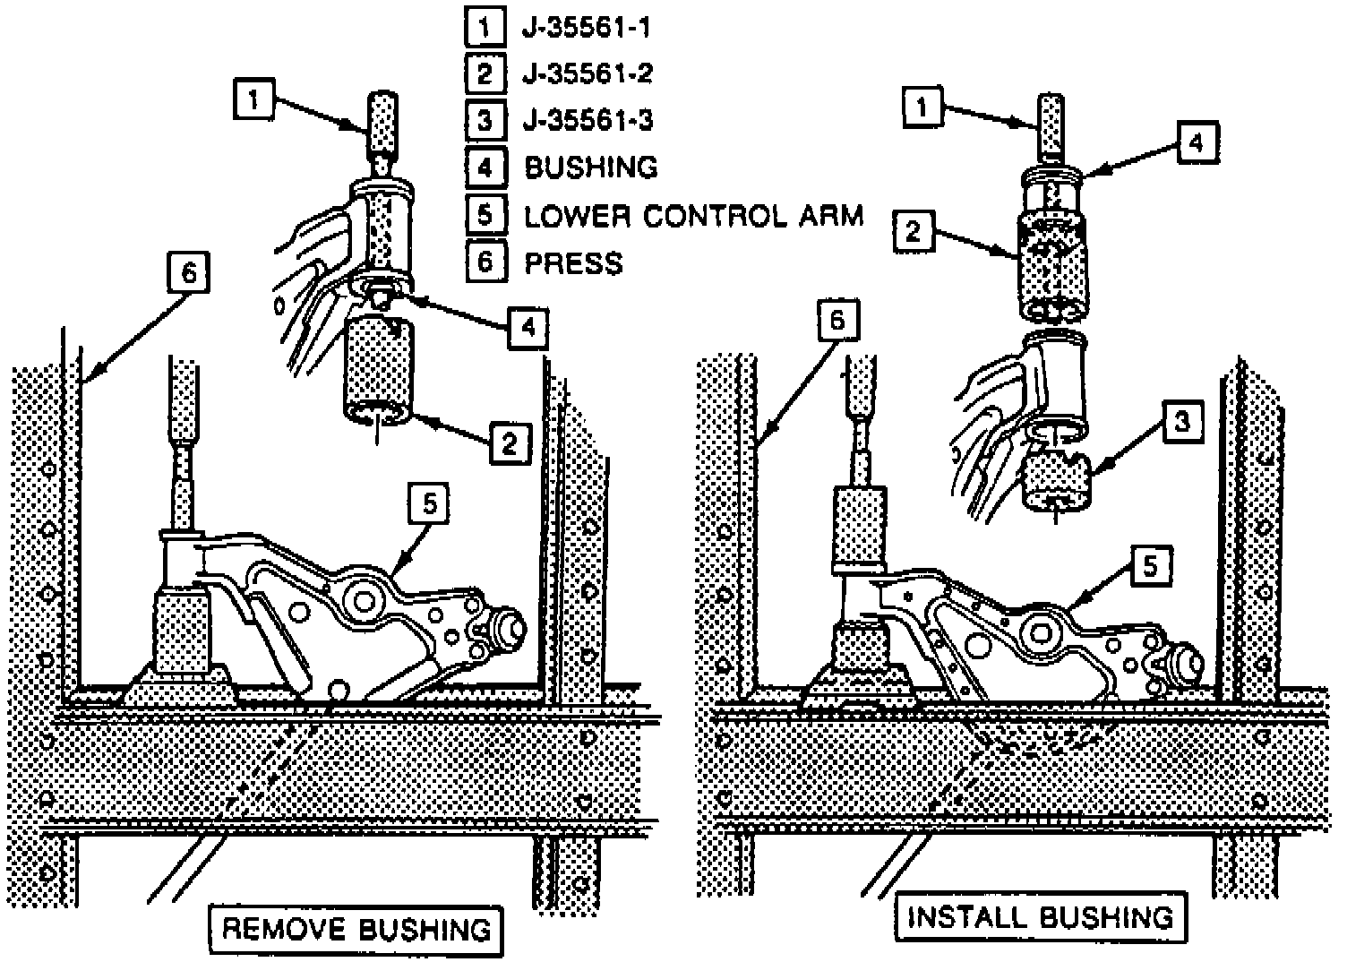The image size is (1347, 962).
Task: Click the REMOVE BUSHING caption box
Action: click(356, 929)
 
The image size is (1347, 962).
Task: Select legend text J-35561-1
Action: click(586, 29)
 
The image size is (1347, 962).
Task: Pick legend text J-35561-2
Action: click(587, 73)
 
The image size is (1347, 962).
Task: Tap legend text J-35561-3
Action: click(587, 119)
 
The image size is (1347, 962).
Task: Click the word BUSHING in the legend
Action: click(590, 167)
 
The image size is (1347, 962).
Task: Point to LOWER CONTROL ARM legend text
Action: click(693, 216)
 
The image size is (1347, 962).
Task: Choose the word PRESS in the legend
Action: click(573, 263)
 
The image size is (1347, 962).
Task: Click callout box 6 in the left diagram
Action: click(188, 272)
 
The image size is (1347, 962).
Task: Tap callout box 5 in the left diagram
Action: click(429, 504)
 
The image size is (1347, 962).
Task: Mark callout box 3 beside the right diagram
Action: click(1182, 421)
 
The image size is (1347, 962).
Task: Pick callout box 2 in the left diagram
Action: click(509, 442)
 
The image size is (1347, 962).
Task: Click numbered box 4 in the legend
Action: click(484, 167)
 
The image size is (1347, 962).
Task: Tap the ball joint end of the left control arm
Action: click(505, 630)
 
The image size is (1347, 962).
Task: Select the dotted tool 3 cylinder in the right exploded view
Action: click(1058, 481)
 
